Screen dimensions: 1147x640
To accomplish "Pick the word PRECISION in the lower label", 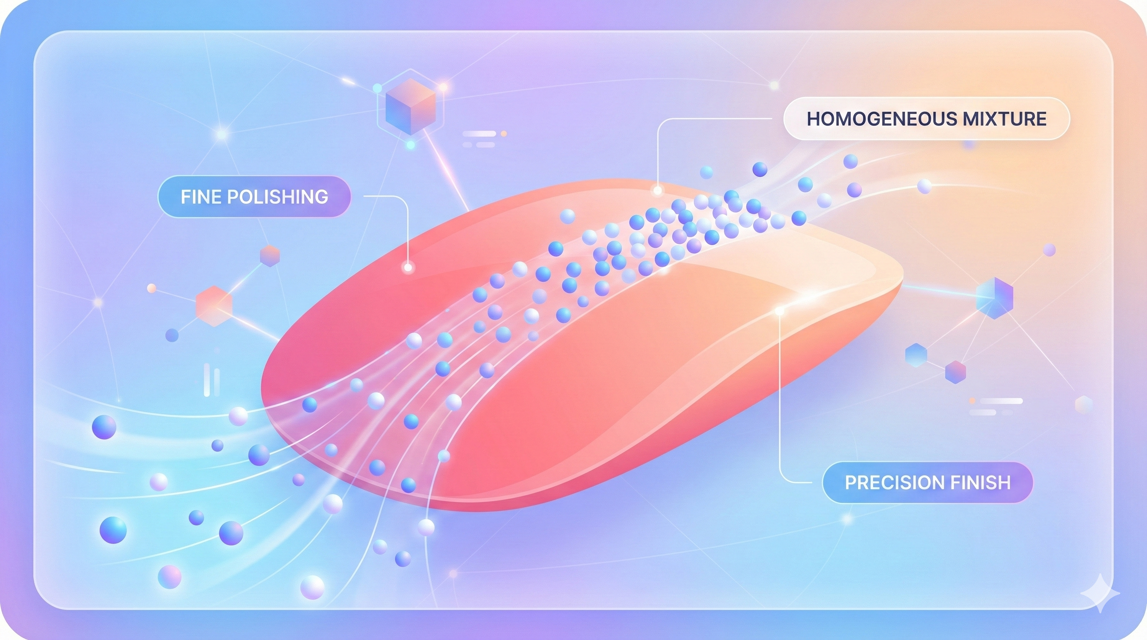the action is (x=892, y=482).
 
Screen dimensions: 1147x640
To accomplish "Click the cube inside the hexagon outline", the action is (x=410, y=107).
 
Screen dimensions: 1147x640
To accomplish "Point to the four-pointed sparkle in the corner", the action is (x=1100, y=593).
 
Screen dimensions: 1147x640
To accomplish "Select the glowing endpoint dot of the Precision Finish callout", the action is (x=779, y=311).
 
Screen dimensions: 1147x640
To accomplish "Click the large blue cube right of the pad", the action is (x=994, y=298).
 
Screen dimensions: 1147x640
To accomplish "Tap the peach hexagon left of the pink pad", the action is (x=214, y=306).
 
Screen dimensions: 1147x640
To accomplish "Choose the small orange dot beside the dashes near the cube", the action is (x=503, y=133).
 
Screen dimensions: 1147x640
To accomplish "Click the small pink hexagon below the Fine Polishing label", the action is (x=269, y=256).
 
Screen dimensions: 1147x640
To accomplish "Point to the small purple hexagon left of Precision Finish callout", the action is (x=956, y=372).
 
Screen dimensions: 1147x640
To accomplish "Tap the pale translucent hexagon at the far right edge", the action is (x=1084, y=405).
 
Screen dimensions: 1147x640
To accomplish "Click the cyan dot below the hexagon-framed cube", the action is (x=411, y=145).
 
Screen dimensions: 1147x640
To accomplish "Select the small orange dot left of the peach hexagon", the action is (x=151, y=288).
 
